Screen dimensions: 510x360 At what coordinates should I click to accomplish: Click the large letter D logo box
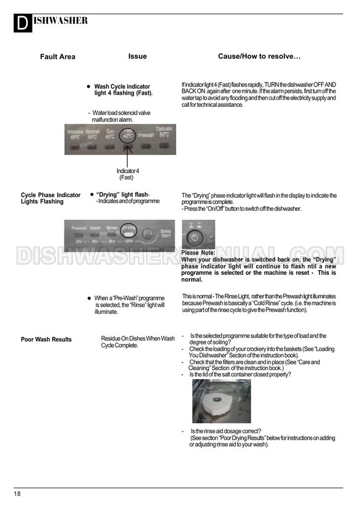(21, 24)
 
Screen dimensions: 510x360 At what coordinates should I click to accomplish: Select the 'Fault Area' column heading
(57, 57)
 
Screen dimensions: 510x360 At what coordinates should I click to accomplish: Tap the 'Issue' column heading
(138, 56)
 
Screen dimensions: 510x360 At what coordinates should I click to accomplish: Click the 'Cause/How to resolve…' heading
(259, 56)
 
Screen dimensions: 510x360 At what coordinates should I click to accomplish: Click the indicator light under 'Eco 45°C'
(109, 146)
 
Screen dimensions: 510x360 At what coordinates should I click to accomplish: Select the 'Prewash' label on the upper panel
(145, 135)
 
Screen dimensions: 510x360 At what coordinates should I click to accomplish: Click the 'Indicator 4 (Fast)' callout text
(127, 174)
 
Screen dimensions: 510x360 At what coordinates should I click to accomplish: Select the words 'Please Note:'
(198, 253)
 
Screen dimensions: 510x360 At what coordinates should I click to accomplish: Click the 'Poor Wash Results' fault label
(46, 339)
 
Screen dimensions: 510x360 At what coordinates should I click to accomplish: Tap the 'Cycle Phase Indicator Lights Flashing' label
(51, 199)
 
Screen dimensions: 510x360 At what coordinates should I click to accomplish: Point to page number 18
(17, 494)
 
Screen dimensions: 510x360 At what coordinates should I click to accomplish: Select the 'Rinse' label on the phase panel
(112, 228)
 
